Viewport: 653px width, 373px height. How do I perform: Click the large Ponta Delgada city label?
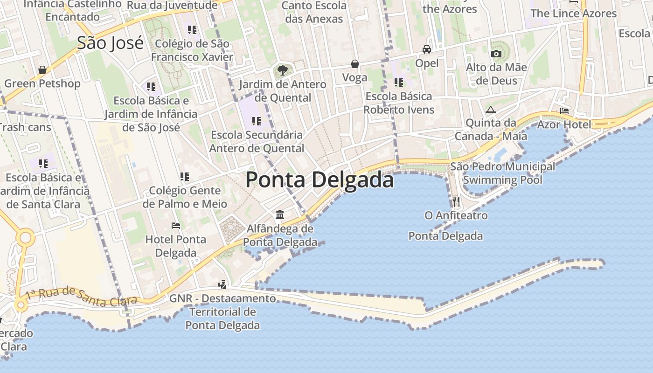(x=320, y=180)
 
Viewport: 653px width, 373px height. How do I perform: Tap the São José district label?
(x=110, y=43)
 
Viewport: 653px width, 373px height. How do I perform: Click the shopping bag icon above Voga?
(x=355, y=64)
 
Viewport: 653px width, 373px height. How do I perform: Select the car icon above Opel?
(x=427, y=49)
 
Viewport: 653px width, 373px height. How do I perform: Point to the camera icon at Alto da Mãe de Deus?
(x=496, y=54)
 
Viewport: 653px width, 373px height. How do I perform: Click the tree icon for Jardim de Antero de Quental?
(x=282, y=71)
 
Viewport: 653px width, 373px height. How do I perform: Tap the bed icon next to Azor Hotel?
(x=564, y=111)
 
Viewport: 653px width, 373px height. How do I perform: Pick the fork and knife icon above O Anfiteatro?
(x=456, y=201)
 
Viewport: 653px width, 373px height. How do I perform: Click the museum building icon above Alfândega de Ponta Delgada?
(x=280, y=214)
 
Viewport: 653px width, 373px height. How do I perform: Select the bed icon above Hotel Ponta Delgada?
(x=175, y=226)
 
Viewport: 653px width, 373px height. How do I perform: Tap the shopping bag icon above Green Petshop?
(x=42, y=70)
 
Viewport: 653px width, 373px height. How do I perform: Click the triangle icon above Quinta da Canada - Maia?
(x=490, y=110)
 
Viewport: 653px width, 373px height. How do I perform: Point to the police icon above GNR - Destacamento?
(x=222, y=284)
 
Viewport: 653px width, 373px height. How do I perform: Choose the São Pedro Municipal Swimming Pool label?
(x=503, y=173)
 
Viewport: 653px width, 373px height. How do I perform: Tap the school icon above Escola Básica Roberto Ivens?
(x=399, y=83)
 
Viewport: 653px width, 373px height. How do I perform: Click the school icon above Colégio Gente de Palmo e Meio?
(x=185, y=177)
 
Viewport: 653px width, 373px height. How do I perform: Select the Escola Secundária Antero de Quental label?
(x=257, y=141)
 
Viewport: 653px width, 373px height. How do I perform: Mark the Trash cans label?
(x=24, y=127)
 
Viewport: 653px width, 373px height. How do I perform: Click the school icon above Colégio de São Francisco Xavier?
(x=192, y=30)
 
